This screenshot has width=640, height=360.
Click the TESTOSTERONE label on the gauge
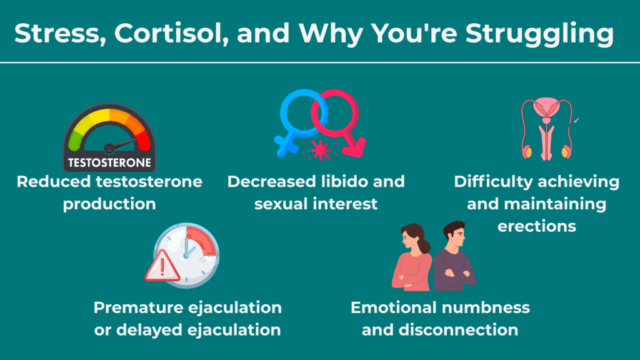[x=109, y=164]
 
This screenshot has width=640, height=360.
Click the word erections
[x=536, y=226]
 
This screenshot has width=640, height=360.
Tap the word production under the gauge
[x=109, y=204]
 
